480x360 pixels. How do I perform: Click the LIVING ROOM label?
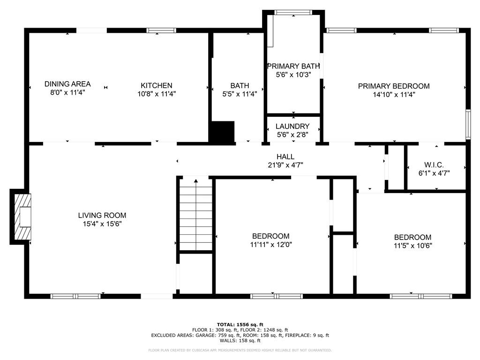(x=102, y=215)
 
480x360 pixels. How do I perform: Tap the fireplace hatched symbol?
(x=23, y=217)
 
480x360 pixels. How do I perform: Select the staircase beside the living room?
(x=195, y=215)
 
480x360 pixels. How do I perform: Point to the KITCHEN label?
(x=157, y=85)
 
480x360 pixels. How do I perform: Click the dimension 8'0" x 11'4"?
(x=67, y=92)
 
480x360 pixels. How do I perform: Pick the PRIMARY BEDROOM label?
(x=394, y=86)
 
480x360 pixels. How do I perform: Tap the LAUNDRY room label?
(x=292, y=126)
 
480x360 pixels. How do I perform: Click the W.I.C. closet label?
(x=434, y=165)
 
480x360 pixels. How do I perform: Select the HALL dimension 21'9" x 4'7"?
(x=285, y=165)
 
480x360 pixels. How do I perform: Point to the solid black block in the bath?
(x=222, y=132)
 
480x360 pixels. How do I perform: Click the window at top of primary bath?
(x=293, y=13)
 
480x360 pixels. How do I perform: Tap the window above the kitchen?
(x=161, y=30)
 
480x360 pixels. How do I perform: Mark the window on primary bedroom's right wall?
(x=468, y=124)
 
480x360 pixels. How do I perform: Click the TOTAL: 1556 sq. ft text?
(x=240, y=324)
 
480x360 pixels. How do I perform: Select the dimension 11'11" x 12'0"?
(x=271, y=245)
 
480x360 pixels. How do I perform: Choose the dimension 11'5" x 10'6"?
(x=412, y=246)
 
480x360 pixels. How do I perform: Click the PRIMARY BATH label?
(x=293, y=66)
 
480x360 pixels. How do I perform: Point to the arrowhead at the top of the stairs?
(x=196, y=181)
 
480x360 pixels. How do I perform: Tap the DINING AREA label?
(x=67, y=84)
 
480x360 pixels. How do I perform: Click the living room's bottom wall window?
(x=75, y=296)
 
